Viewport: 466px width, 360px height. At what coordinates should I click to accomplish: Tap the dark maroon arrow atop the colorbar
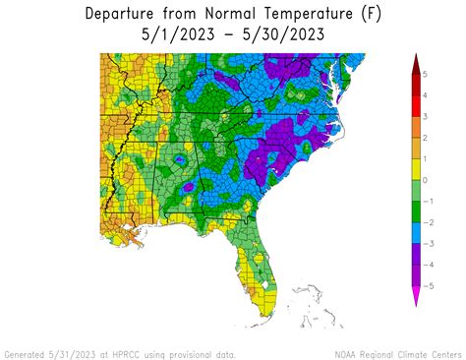(x=416, y=63)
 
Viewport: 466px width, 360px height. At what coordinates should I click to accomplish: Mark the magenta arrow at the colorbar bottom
(x=416, y=296)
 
